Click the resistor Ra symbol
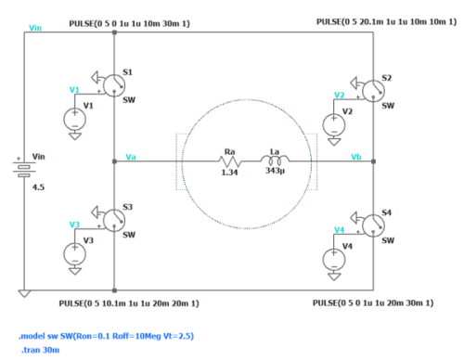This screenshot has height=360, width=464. (x=230, y=161)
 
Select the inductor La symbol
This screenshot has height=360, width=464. (x=275, y=160)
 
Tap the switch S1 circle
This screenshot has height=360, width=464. (x=114, y=85)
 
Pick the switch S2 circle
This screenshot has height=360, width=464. (x=373, y=91)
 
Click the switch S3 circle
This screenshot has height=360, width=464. (x=114, y=221)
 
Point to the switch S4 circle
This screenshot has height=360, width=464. (x=373, y=226)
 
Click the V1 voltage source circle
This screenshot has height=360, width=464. (x=75, y=120)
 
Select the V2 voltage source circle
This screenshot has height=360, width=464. (x=334, y=125)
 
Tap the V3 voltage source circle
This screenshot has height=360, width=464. (x=75, y=254)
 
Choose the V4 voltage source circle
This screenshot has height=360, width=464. (x=334, y=260)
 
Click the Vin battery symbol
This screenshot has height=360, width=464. (x=24, y=169)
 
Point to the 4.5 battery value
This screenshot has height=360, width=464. (x=38, y=187)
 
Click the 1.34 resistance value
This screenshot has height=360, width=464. (x=229, y=173)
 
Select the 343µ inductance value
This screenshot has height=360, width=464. (x=275, y=171)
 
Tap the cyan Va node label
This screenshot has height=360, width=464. (x=131, y=157)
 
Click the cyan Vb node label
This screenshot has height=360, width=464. (x=356, y=157)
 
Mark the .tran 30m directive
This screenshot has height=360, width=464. (x=41, y=350)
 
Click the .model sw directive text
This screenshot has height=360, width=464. (x=106, y=336)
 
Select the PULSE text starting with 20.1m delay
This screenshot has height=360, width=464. (x=386, y=22)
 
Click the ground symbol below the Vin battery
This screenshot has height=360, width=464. (x=24, y=293)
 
